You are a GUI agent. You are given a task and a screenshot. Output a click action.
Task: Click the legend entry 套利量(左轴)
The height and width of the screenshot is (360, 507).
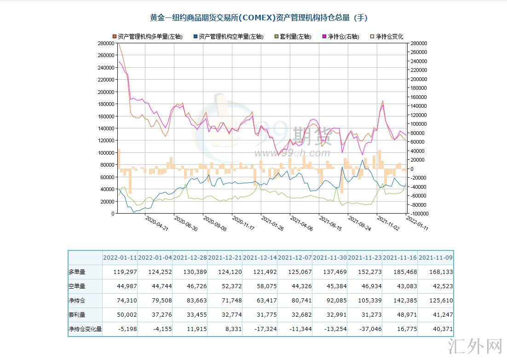[x=295, y=36]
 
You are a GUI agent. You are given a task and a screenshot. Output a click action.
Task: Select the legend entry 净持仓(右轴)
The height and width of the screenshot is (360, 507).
[x=343, y=36]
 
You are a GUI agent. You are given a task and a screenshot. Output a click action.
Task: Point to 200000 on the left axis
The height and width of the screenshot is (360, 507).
[x=106, y=92]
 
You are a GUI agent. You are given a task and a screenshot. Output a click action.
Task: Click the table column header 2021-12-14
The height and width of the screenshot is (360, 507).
[x=260, y=257]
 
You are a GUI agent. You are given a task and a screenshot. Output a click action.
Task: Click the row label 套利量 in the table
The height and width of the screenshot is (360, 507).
[x=77, y=314]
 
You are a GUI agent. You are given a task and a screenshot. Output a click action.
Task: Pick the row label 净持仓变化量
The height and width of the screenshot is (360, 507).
[x=85, y=329]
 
